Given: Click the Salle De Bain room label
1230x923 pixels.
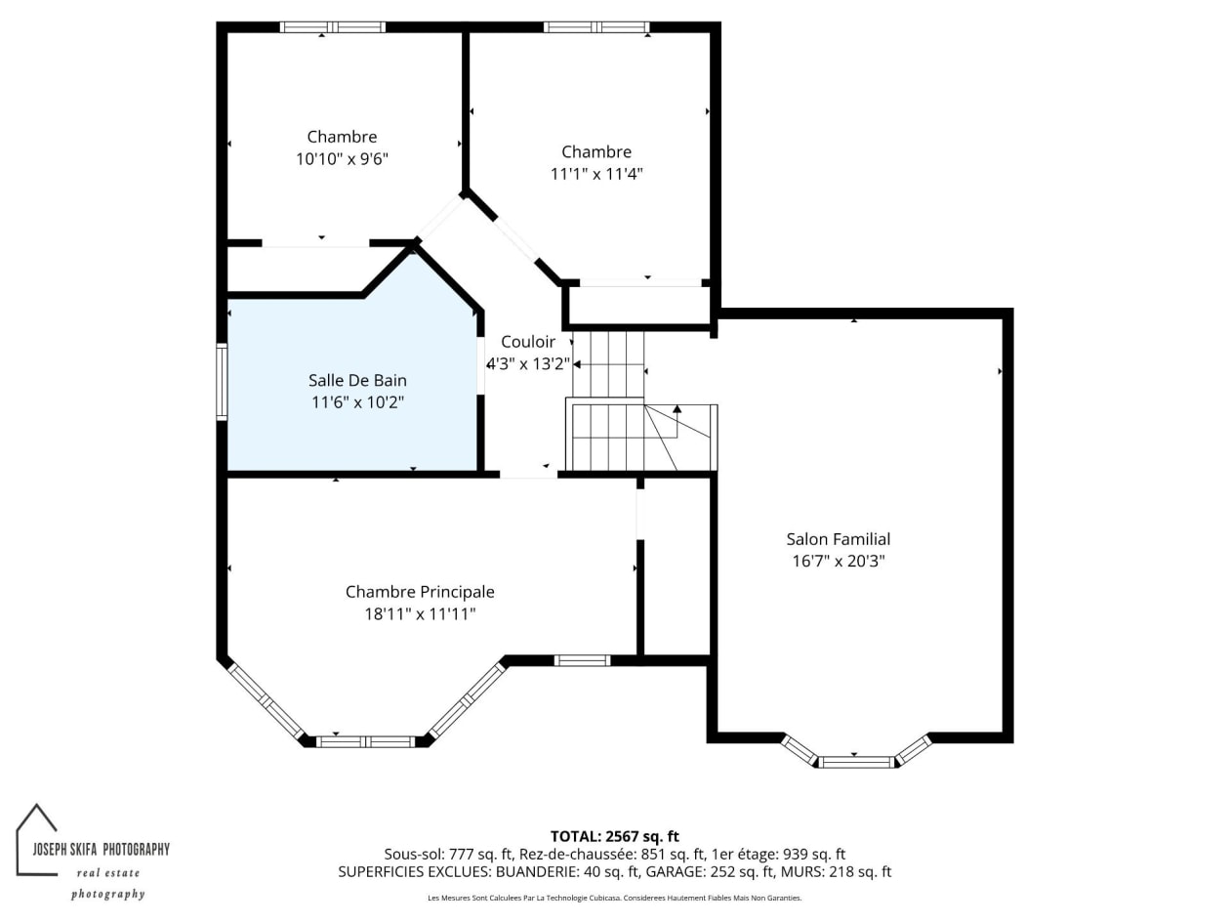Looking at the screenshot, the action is tap(357, 380).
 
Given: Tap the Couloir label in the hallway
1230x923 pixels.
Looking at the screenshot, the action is tap(528, 341).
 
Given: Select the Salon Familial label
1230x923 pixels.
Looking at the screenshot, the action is tap(838, 539).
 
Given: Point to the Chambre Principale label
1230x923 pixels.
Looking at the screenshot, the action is tap(420, 592).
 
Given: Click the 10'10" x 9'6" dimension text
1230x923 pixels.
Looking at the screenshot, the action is tap(342, 159).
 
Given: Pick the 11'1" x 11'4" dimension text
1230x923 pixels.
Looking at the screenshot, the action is tap(596, 174).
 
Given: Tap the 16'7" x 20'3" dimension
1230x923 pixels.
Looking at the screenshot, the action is tap(838, 561).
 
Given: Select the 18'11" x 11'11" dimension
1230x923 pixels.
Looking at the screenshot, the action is tap(420, 614).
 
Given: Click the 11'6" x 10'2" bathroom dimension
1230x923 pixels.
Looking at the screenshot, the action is tap(357, 402).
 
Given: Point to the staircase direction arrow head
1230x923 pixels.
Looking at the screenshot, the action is tap(676, 409).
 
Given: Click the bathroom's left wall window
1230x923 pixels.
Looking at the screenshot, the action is tap(222, 382).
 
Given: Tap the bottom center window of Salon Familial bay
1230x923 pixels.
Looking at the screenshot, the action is tap(856, 762).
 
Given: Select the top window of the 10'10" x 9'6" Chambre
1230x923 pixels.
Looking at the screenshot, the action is tap(333, 27).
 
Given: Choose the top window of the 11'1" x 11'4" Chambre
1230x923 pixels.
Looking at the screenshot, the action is tap(596, 27).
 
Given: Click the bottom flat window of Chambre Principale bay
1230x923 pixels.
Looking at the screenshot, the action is tap(365, 742).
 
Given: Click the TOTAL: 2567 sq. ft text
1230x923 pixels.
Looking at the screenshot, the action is tap(615, 837).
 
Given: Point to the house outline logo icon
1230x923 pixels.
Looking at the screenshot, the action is tap(36, 839).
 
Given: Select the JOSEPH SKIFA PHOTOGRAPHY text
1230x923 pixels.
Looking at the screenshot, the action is tap(101, 850).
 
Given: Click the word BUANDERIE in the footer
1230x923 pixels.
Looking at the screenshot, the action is tap(537, 872).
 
